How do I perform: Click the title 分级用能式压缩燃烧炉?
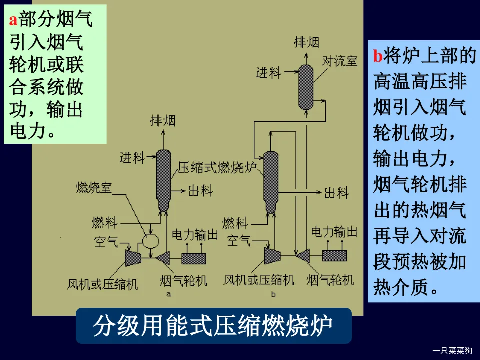click(x=213, y=326)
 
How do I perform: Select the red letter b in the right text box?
click(x=378, y=56)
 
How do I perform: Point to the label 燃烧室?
click(x=94, y=187)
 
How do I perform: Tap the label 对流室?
click(x=340, y=61)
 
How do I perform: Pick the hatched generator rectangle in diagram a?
click(x=193, y=258)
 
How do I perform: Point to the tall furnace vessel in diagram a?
click(x=163, y=180)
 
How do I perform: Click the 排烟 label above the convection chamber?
click(x=306, y=42)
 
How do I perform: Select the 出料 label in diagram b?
click(x=336, y=192)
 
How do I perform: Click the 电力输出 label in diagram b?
click(x=334, y=232)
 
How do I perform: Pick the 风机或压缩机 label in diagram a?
click(x=103, y=285)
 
